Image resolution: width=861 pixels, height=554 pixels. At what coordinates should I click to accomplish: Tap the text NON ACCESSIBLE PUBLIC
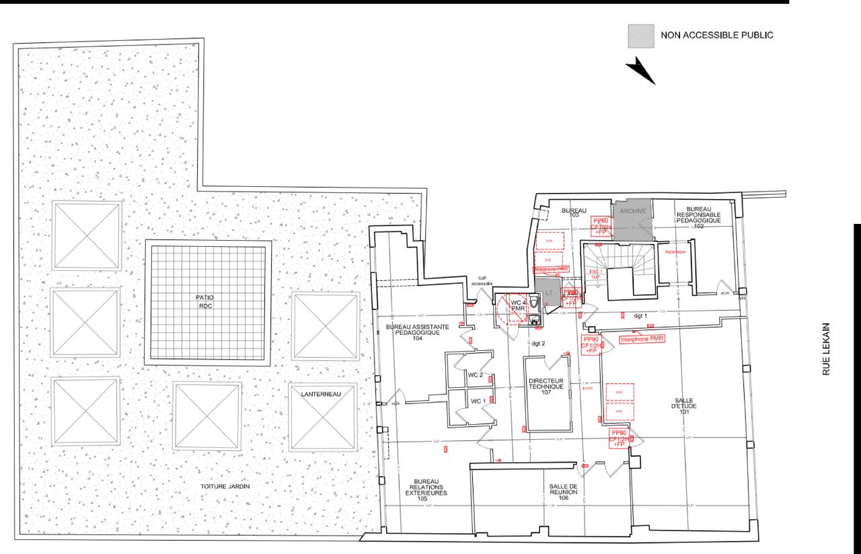coord(718,35)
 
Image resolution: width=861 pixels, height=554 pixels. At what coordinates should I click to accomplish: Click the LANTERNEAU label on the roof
coord(321,394)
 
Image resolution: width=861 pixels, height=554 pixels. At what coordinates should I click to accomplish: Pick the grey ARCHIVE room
coord(632,219)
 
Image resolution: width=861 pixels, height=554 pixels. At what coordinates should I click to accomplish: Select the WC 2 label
coord(477,374)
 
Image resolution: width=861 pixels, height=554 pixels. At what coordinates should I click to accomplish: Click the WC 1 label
coord(477,401)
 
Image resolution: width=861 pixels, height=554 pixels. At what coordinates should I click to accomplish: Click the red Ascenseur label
coord(675,252)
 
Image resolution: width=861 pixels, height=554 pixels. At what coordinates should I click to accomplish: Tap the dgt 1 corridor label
coord(640,315)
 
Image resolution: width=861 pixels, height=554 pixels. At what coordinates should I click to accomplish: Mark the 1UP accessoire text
coord(482,281)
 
